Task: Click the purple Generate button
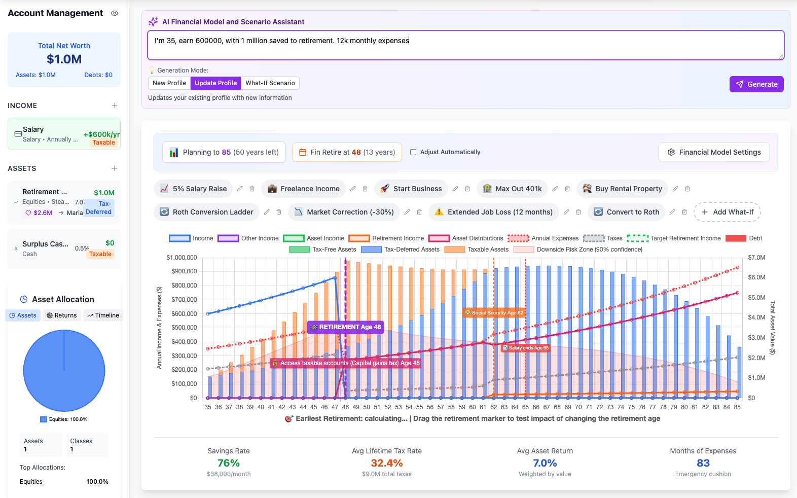pos(756,84)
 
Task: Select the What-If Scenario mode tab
pos(270,83)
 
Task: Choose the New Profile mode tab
pos(169,83)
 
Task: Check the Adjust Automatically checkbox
pos(413,152)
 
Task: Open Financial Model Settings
pos(714,152)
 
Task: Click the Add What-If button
pos(727,212)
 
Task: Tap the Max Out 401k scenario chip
pos(512,189)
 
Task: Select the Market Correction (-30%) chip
pos(344,212)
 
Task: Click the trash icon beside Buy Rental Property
pos(687,189)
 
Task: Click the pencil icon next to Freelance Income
pos(353,189)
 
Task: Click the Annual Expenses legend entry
pos(543,238)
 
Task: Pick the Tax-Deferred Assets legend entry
pos(400,250)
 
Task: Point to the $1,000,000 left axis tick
pos(182,258)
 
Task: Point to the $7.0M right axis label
pos(756,258)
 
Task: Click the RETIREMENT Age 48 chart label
pos(345,327)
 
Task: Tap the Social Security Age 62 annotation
pos(494,313)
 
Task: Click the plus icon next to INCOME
pos(115,105)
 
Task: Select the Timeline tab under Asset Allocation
pos(103,315)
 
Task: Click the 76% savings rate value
pos(228,463)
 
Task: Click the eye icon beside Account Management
pos(115,13)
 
